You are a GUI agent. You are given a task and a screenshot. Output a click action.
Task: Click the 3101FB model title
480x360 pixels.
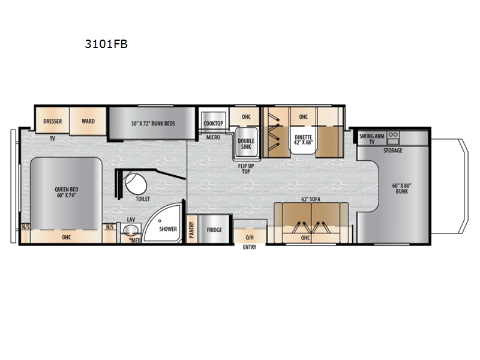click(106, 44)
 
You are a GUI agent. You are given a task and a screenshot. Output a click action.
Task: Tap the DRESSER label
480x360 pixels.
click(52, 121)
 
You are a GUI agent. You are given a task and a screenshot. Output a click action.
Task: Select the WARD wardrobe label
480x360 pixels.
click(88, 121)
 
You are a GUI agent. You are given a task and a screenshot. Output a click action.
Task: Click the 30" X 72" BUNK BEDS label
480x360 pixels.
click(153, 124)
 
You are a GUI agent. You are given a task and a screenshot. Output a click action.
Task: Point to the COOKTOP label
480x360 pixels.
click(214, 124)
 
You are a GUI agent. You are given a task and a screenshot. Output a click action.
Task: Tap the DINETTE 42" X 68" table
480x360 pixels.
click(303, 140)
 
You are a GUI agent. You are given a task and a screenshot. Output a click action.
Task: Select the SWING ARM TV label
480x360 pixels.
click(371, 139)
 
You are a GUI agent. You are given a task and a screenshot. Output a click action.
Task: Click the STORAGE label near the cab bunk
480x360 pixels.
click(393, 151)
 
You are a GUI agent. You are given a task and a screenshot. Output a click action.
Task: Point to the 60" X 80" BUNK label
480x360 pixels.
click(401, 188)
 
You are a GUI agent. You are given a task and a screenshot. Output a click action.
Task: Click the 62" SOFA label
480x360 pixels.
click(311, 199)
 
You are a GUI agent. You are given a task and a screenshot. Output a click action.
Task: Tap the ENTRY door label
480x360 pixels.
click(250, 247)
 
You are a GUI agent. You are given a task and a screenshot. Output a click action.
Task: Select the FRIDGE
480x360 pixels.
click(214, 229)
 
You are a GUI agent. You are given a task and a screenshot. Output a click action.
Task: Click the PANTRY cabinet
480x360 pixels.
click(192, 229)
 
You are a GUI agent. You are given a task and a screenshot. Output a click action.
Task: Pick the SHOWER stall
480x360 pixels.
click(163, 223)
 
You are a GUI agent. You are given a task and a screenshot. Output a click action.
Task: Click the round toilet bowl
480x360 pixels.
click(136, 184)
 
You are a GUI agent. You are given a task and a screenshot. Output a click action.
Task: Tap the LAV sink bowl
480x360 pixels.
click(131, 230)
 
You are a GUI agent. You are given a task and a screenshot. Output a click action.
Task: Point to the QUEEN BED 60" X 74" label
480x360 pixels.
click(66, 192)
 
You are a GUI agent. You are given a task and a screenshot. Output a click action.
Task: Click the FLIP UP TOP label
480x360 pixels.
click(246, 169)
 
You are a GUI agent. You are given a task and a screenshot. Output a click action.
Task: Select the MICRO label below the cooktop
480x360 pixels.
click(213, 137)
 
